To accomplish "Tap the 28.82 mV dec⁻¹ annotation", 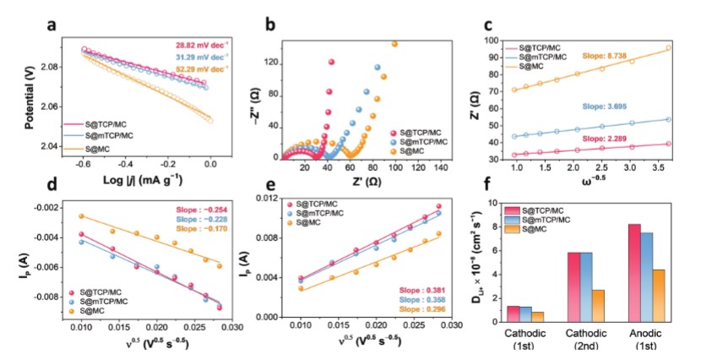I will pyautogui.click(x=202, y=44).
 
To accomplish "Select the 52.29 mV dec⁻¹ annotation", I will pyautogui.click(x=202, y=68).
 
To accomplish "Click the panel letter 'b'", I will pyautogui.click(x=269, y=25).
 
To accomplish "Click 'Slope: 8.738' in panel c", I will pyautogui.click(x=606, y=57).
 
